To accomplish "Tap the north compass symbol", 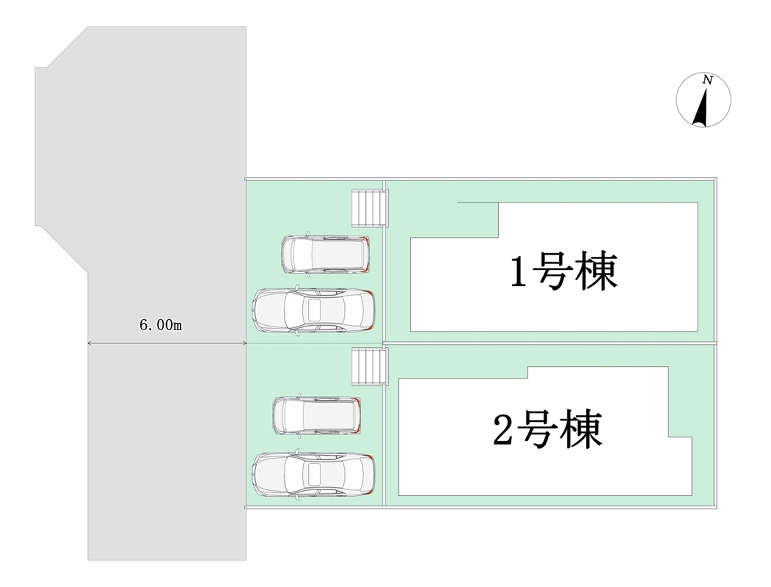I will (704, 101).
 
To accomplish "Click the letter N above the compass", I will (707, 80).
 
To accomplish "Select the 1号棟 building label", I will (563, 271).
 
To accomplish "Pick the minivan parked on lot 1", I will (325, 254).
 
